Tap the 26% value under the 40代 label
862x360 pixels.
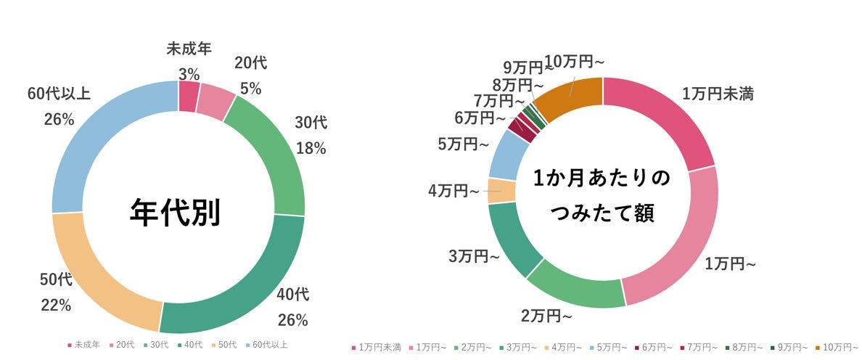pyautogui.click(x=293, y=319)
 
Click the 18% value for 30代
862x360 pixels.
pyautogui.click(x=311, y=148)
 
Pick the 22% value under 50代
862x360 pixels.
pyautogui.click(x=56, y=305)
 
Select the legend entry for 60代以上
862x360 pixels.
pyautogui.click(x=268, y=345)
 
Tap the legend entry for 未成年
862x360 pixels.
pyautogui.click(x=87, y=345)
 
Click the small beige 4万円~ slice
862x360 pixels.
pyautogui.click(x=501, y=191)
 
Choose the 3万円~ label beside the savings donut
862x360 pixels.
pyautogui.click(x=473, y=255)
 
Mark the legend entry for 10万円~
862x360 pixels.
pyautogui.click(x=835, y=347)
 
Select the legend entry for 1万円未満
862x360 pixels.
pyautogui.click(x=374, y=347)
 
